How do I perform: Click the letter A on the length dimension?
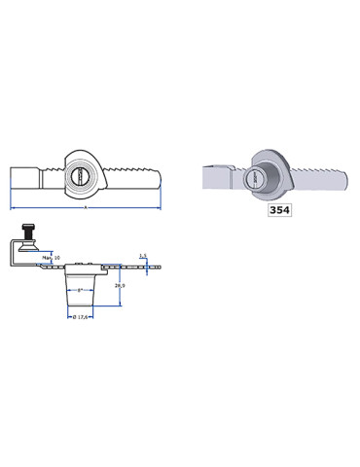point(86,208)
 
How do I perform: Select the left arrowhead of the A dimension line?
point(13,208)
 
